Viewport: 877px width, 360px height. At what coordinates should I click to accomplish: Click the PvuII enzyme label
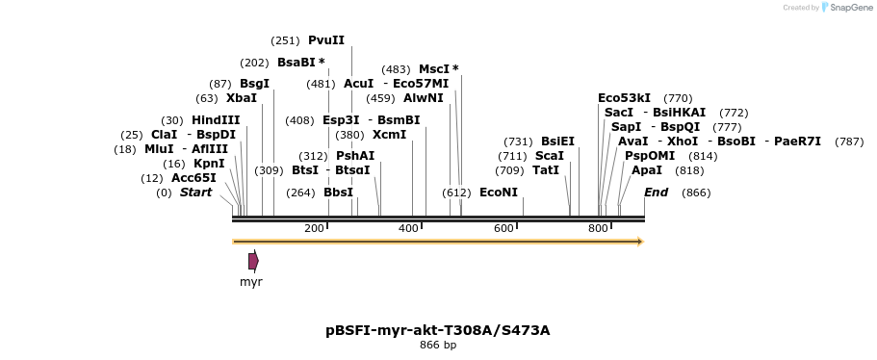(x=325, y=40)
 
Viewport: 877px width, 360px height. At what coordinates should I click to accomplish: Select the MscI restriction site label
(x=434, y=69)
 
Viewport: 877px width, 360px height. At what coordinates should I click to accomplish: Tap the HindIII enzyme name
(x=215, y=119)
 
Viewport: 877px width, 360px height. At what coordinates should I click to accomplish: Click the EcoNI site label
(x=499, y=193)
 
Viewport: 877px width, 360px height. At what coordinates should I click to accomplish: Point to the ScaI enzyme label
(x=550, y=156)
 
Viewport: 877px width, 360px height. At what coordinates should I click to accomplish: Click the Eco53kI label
(x=624, y=98)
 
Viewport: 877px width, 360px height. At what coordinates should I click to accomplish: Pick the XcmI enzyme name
(x=389, y=135)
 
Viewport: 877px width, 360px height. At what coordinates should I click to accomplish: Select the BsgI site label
(x=254, y=84)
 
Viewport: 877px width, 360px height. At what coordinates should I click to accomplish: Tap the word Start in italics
(x=195, y=193)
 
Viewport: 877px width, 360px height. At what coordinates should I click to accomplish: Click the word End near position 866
(x=656, y=193)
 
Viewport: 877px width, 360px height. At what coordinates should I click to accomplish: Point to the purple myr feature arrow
(x=253, y=261)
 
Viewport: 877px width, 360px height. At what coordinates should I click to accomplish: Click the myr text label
(x=251, y=282)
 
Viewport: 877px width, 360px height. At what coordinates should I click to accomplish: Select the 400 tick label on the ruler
(x=408, y=228)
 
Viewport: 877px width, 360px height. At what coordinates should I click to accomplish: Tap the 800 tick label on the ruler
(x=598, y=228)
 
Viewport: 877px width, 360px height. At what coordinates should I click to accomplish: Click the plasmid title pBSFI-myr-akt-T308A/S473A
(x=438, y=330)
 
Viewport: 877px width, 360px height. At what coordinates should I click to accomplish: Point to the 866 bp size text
(x=438, y=345)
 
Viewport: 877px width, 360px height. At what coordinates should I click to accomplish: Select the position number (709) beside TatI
(x=511, y=170)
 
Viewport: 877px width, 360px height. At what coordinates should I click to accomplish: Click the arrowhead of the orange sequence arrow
(x=639, y=242)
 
